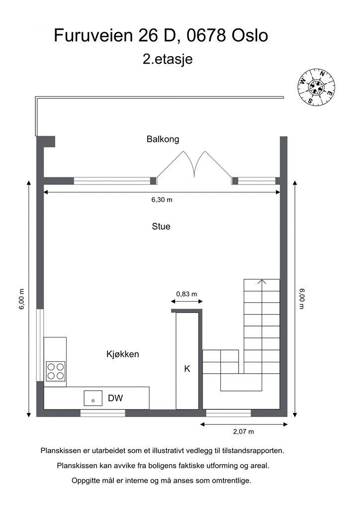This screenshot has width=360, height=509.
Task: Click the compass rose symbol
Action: [317, 87]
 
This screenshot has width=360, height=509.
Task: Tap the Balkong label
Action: [163, 139]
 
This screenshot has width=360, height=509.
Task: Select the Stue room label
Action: [161, 227]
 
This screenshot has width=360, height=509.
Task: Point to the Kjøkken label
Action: [122, 354]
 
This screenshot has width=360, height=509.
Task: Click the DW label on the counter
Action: [115, 398]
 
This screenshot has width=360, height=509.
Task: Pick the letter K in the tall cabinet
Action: [187, 369]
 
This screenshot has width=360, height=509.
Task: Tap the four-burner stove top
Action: [55, 371]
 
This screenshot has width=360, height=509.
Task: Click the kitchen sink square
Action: [92, 398]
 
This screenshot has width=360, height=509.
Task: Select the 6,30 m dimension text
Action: [162, 200]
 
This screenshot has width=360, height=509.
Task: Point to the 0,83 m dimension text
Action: [186, 294]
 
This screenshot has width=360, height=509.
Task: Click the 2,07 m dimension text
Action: [244, 431]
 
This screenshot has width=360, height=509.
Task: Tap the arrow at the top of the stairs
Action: [262, 282]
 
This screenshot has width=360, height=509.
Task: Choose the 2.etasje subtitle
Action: [168, 59]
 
